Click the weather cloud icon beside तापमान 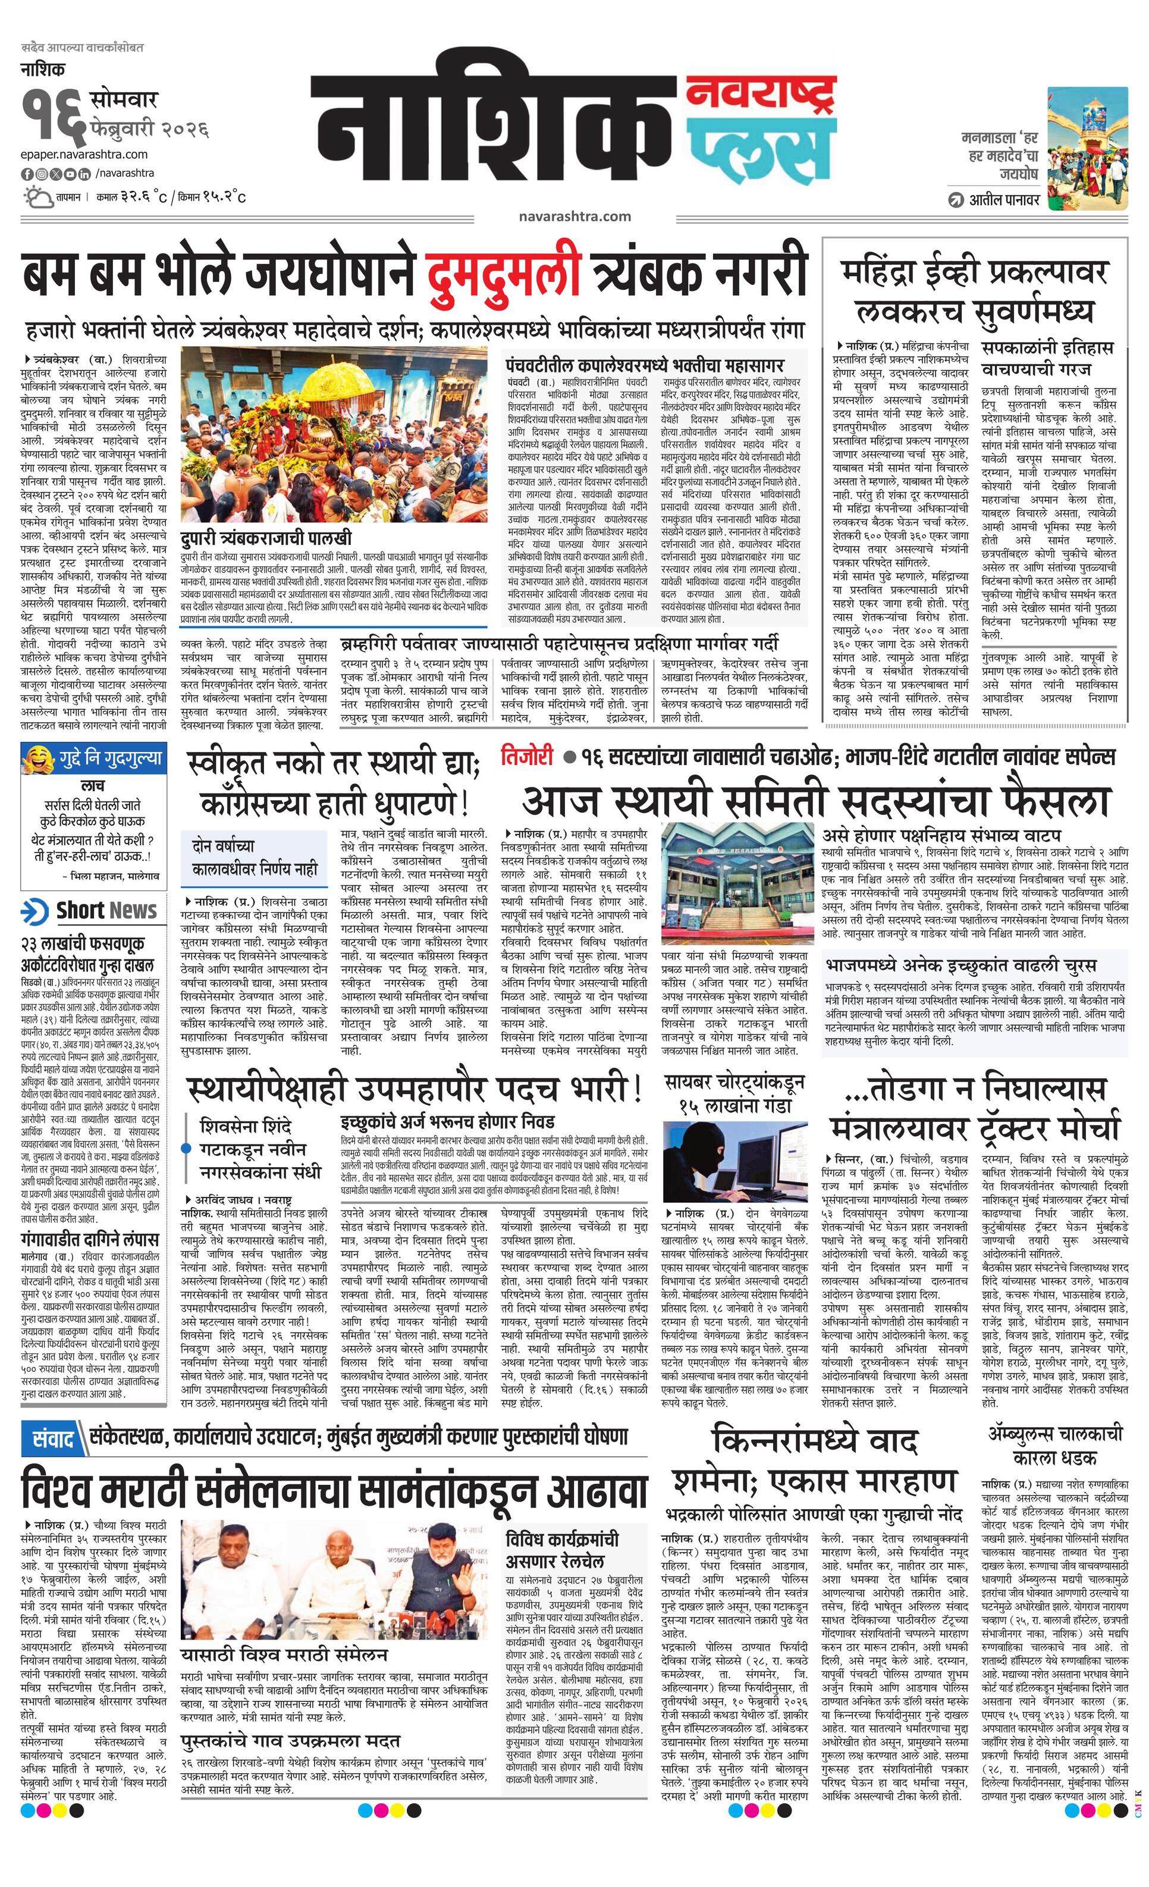pyautogui.click(x=37, y=198)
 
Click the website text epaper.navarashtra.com pyautogui.click(x=84, y=155)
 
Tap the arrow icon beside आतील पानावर pyautogui.click(x=955, y=200)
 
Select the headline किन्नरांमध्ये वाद pyautogui.click(x=815, y=1441)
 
